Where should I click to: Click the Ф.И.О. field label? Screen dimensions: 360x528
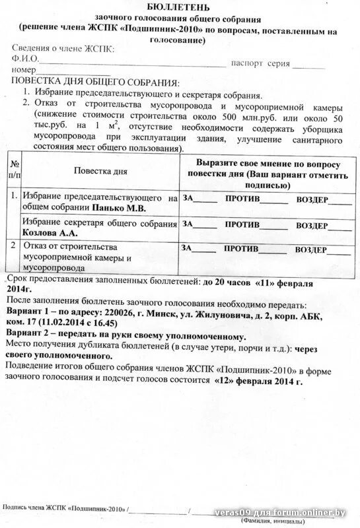(x=24, y=59)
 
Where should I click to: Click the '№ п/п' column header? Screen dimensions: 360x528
(x=14, y=170)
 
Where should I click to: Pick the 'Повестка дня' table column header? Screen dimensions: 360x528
(x=100, y=170)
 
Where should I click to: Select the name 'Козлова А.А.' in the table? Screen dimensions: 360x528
(x=50, y=233)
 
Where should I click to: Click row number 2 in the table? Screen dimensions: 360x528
(x=13, y=246)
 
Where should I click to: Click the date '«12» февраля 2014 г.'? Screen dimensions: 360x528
(x=259, y=381)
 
